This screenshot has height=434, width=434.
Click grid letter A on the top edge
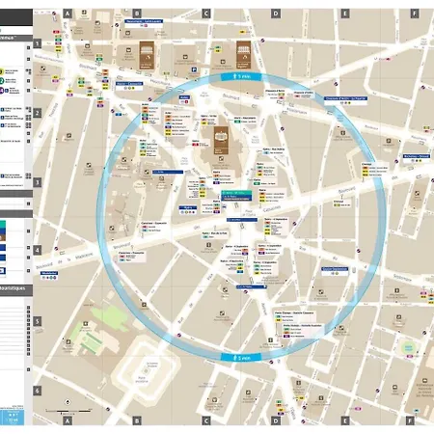68,14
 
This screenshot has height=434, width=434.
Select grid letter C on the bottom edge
206,420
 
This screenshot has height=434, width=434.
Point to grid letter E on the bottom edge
344,420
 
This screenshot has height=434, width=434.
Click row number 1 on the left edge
38,43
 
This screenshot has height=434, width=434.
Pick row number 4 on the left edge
38,250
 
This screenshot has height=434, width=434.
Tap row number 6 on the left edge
38,391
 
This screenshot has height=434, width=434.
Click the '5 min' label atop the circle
241,74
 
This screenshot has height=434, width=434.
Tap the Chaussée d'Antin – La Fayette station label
344,97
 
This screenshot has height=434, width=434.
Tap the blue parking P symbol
195,69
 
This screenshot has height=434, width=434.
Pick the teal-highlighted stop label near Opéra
237,197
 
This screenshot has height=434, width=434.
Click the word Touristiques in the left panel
14,288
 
